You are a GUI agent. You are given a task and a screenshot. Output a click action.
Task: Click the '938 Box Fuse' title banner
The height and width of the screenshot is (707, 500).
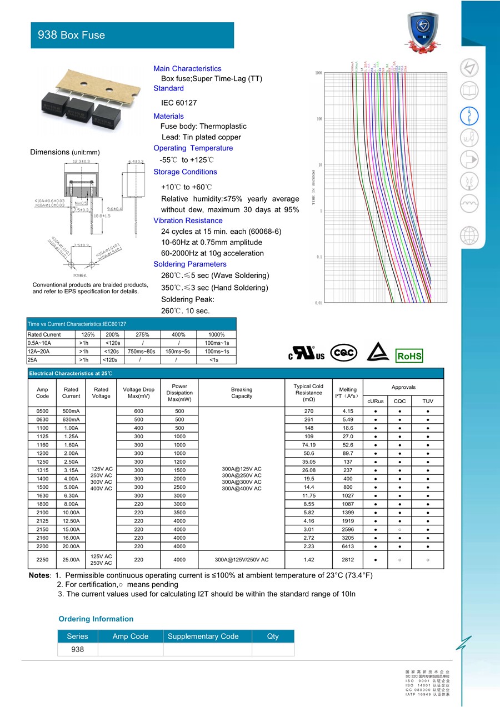tap(132, 35)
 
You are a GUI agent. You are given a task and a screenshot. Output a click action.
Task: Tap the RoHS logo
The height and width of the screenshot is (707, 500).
tap(409, 356)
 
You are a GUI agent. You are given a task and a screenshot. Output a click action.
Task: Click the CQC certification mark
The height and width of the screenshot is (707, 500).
tap(344, 353)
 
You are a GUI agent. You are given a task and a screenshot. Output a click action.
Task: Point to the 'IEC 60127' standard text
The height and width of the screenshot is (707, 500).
tap(179, 103)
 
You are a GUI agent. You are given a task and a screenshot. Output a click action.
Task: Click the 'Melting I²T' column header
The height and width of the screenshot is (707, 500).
tap(348, 393)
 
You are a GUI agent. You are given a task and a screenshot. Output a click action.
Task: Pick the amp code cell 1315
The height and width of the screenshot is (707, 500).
tap(42, 470)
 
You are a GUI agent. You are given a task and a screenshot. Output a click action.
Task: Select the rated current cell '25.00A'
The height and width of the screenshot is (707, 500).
tap(71, 560)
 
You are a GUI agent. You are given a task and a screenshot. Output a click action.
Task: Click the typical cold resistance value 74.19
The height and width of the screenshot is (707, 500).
tap(309, 445)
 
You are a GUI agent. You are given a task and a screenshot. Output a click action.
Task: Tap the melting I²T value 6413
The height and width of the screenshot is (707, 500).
tap(348, 546)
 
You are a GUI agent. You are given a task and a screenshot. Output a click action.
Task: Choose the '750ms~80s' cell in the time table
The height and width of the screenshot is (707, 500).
tap(142, 352)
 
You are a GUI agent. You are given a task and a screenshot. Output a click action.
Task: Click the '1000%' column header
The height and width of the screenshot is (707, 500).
tap(216, 335)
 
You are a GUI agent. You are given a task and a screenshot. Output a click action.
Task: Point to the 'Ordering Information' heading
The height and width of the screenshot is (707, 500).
tap(96, 619)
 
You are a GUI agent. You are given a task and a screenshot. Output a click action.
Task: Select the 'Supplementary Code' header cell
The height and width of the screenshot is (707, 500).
tap(203, 636)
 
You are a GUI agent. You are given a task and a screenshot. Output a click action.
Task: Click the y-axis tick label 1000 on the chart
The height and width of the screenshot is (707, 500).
tap(319, 73)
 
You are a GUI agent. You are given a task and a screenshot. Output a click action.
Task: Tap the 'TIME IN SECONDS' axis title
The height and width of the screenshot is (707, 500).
tap(313, 188)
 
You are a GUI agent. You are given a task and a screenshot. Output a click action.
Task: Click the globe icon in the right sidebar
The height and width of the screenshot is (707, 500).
tap(469, 235)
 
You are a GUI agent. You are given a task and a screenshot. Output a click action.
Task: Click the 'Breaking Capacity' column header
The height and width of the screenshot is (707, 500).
tap(242, 393)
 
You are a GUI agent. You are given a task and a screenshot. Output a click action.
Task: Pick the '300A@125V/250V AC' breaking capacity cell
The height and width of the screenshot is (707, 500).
tap(242, 560)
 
